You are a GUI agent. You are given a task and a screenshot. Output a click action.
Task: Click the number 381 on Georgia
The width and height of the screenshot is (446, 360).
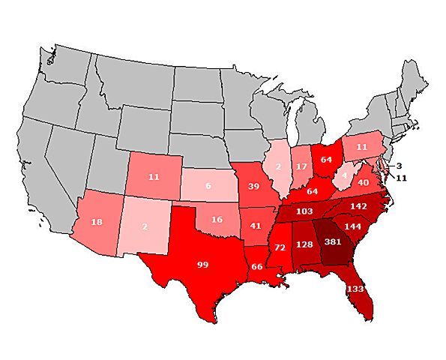[333, 241]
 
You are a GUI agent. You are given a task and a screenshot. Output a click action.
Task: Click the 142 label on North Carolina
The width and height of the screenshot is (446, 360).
[358, 205]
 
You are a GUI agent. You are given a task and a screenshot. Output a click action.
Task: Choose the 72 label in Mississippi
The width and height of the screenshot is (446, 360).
[279, 247]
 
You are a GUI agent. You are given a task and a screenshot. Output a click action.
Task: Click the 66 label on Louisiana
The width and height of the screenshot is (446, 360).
[257, 266]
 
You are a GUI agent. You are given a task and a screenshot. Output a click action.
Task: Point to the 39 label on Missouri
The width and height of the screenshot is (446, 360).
[254, 185]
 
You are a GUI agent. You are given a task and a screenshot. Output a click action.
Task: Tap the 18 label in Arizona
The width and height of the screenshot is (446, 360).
[97, 223]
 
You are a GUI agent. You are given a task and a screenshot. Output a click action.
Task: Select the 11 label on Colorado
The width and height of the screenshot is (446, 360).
[154, 177]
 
